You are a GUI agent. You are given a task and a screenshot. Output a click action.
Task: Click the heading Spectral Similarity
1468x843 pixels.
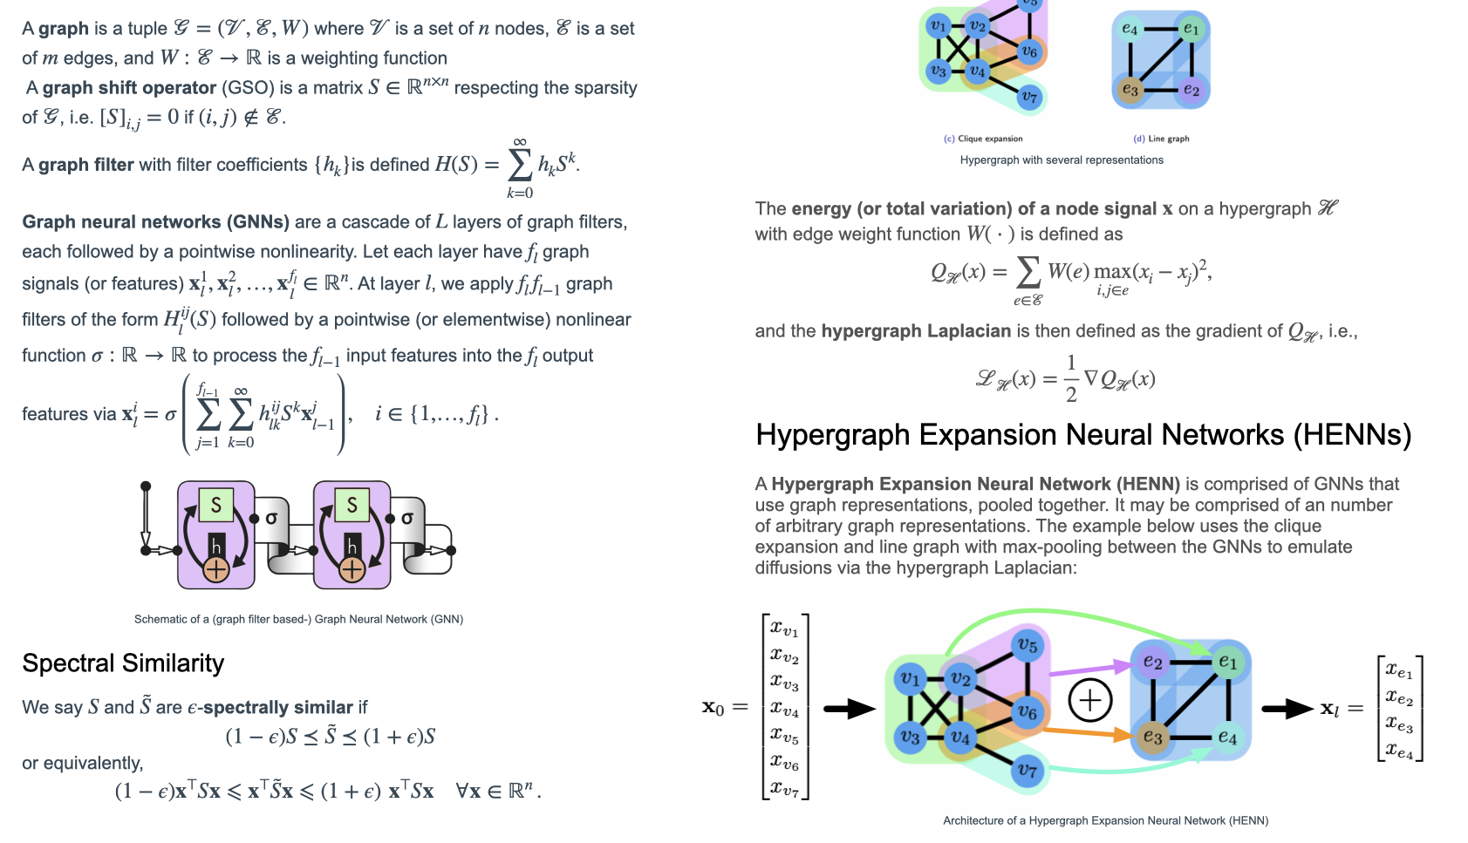point(123,663)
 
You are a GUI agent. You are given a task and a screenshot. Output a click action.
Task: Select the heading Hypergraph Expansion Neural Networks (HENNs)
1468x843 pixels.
point(1082,435)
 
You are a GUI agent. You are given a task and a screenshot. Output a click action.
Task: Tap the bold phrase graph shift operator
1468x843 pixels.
point(129,88)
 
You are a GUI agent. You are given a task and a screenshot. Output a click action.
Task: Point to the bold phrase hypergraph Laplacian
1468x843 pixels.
point(916,331)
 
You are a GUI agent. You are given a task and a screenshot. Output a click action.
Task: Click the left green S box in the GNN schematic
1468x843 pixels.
point(215,505)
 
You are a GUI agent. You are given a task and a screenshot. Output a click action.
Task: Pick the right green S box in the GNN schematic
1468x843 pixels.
point(352,505)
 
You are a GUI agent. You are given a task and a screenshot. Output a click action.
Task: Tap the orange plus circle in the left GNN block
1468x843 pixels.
point(215,570)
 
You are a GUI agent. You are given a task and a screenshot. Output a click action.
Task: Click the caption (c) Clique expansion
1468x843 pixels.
point(983,139)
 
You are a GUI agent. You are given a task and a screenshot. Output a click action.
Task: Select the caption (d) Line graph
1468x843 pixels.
point(1161,139)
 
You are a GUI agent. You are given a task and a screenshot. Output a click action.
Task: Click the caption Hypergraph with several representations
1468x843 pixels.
point(1062,160)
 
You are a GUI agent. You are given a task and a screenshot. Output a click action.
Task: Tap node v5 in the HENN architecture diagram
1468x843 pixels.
point(1028,646)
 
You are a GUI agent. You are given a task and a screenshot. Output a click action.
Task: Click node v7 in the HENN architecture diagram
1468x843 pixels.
point(1028,771)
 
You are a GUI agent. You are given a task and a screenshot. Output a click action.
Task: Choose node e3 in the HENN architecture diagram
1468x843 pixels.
point(1152,738)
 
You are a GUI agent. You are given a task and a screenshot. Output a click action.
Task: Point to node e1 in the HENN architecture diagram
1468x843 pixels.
point(1227,663)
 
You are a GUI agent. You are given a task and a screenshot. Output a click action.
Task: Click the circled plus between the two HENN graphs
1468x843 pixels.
point(1090,700)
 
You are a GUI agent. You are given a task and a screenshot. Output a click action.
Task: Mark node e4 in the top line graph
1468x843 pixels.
point(1130,30)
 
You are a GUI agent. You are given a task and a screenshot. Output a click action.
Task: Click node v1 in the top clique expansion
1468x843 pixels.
point(939,26)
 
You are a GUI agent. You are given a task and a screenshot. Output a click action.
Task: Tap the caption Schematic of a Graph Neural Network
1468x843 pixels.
point(298,620)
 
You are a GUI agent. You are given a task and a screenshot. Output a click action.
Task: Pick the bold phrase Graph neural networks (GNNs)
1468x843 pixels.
point(155,222)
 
